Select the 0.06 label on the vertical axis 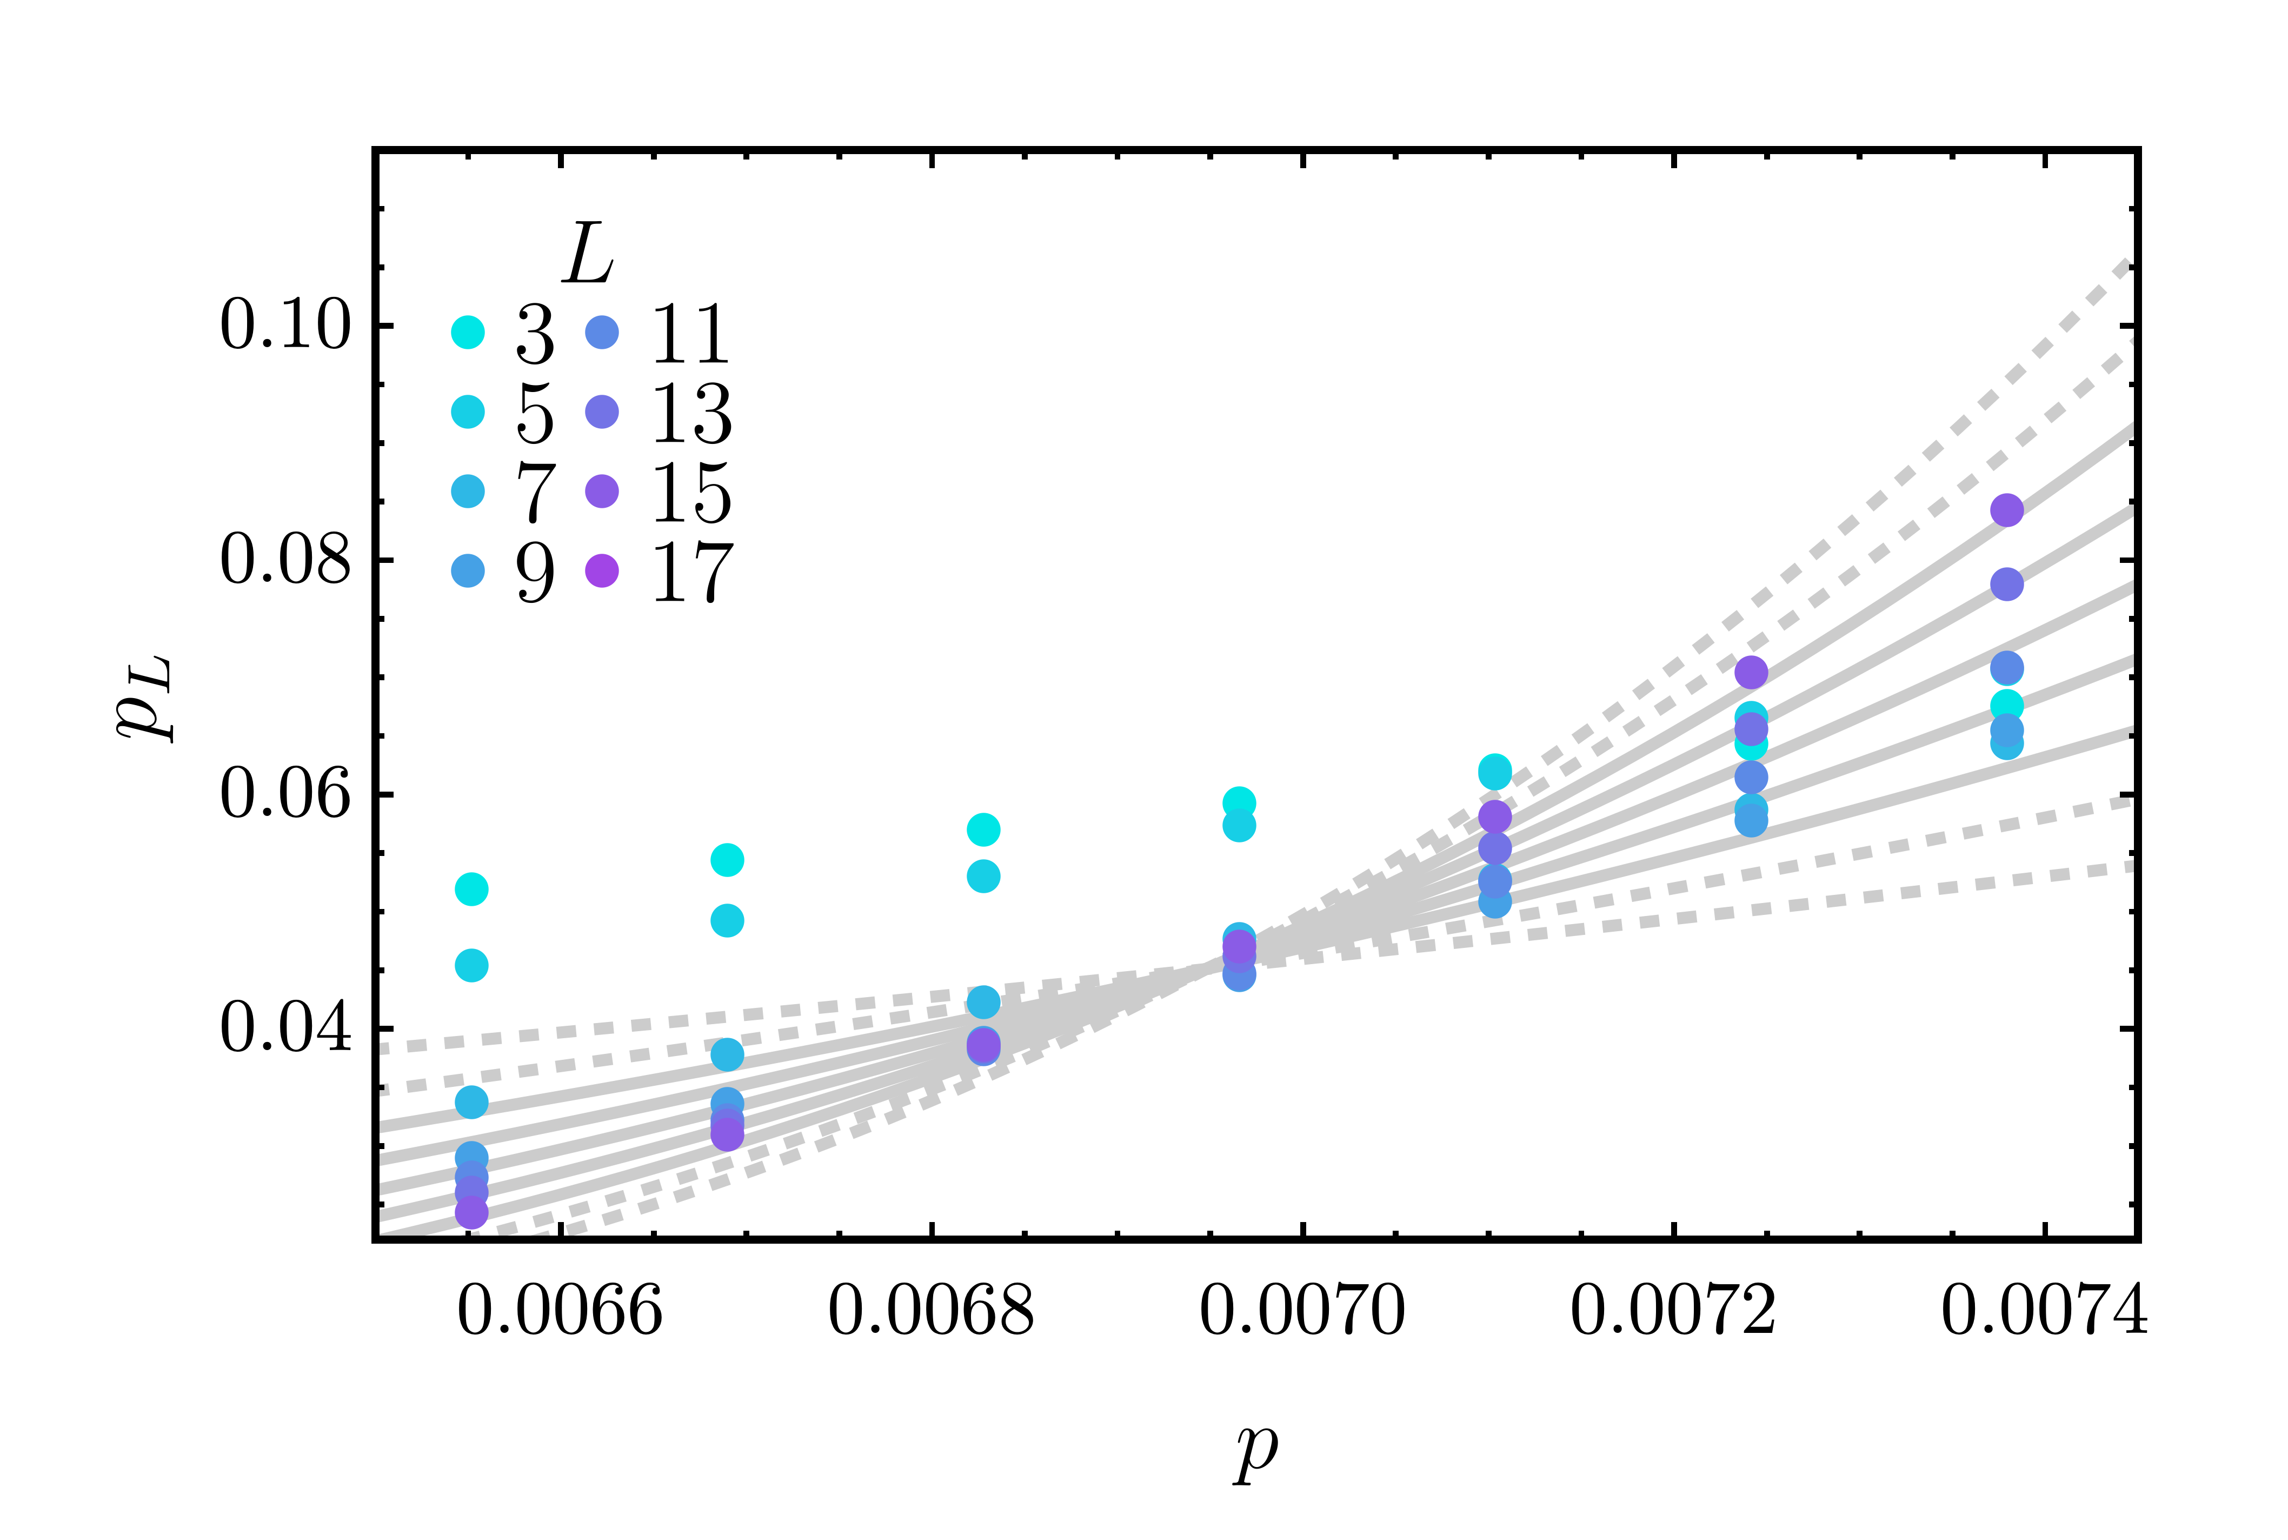[285, 794]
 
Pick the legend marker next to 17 [602, 569]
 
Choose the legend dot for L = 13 [602, 411]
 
